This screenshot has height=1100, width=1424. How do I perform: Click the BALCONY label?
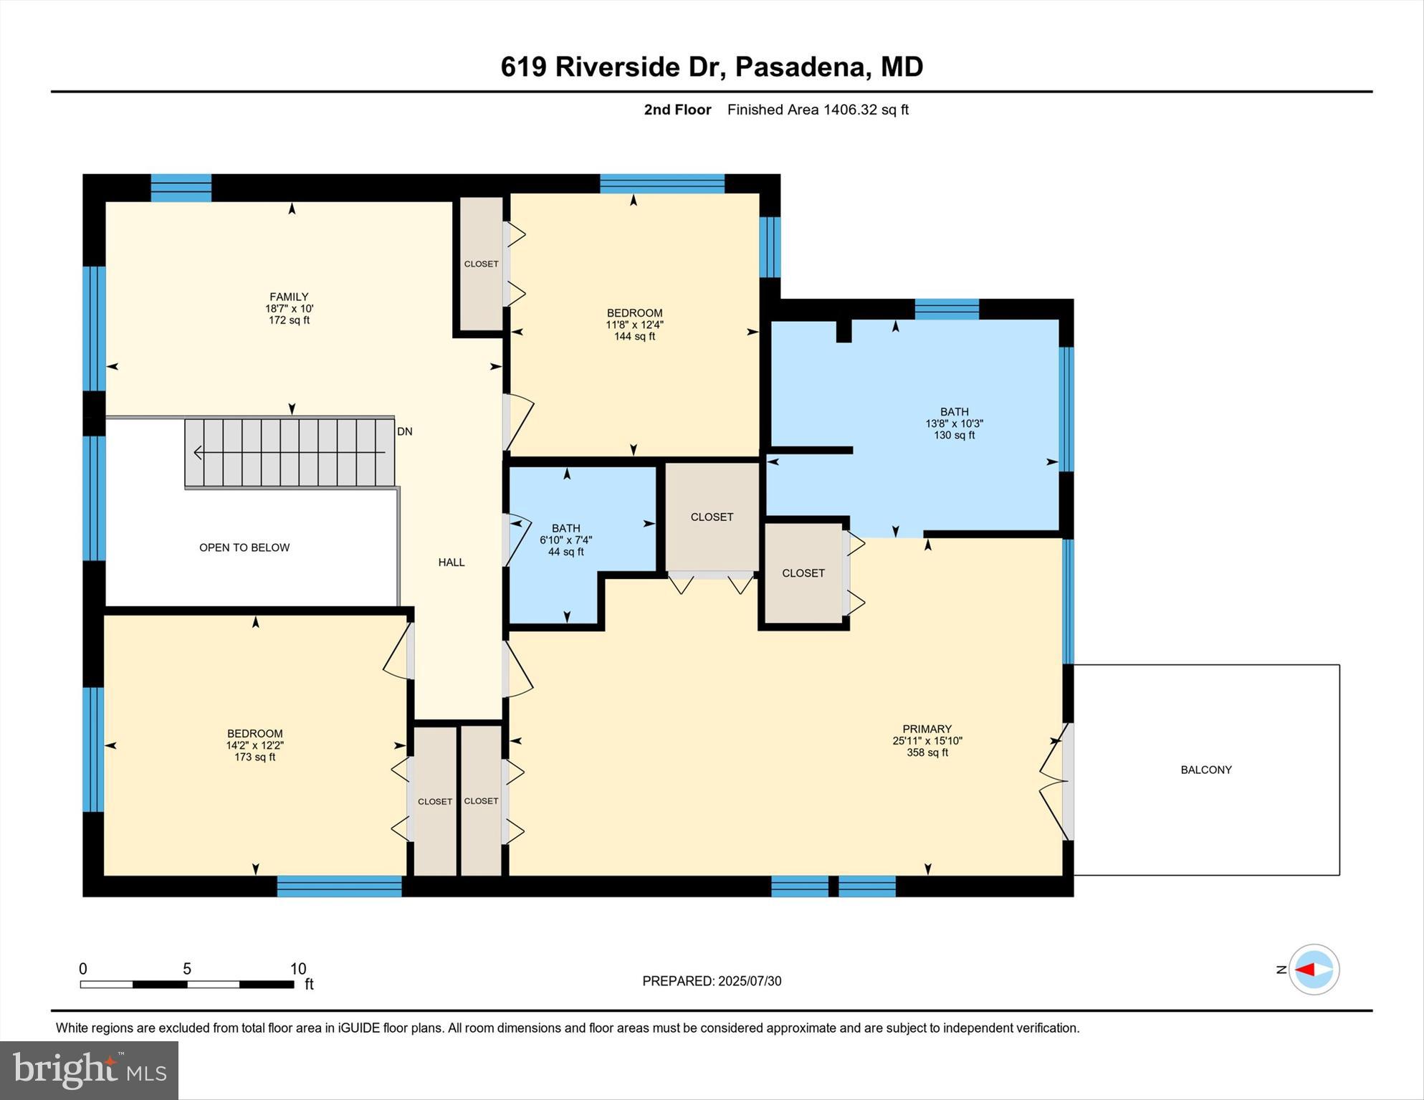pos(1206,770)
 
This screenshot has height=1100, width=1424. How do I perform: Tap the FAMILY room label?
pos(289,297)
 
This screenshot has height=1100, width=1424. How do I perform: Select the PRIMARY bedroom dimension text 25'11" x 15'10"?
pos(927,741)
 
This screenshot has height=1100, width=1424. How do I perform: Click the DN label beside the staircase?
pos(405,431)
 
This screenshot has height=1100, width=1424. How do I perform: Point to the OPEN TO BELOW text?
pos(244,547)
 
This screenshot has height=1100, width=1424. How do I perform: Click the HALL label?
pos(451,563)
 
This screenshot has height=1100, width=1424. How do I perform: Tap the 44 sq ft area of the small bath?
pos(565,552)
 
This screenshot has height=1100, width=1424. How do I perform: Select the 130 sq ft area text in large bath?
pos(954,435)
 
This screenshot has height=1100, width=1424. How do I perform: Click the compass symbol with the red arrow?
pos(1314,970)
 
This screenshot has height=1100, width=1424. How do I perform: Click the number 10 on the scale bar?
pos(298,969)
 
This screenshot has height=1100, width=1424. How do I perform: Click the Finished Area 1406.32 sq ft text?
pos(818,110)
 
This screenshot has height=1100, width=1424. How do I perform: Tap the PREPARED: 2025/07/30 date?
pos(712,981)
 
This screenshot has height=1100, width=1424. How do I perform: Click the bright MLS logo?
pos(89,1071)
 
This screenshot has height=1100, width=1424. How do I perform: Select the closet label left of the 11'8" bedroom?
pos(481,264)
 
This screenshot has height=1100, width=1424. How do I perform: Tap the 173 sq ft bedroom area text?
pos(254,757)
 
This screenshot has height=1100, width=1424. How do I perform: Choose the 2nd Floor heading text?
pos(677,110)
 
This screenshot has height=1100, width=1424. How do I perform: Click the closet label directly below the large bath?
pos(803,573)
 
